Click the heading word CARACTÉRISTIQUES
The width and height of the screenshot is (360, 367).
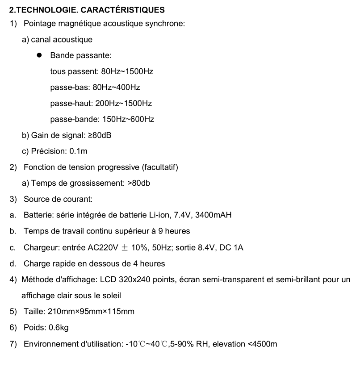point(116,9)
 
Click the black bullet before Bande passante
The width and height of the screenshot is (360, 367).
point(39,55)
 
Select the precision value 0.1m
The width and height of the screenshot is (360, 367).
point(79,151)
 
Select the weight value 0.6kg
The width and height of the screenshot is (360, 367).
point(59,328)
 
